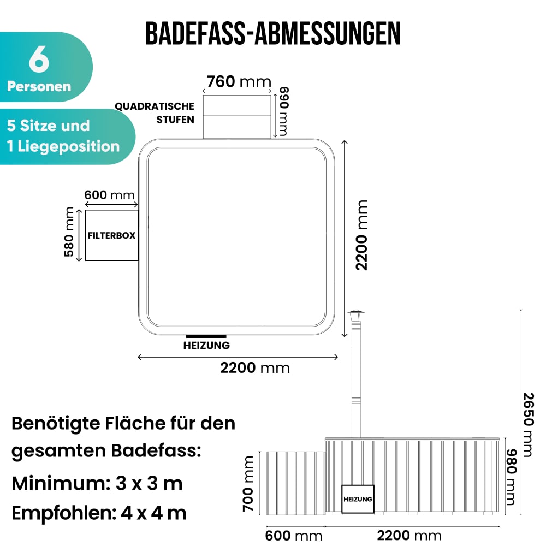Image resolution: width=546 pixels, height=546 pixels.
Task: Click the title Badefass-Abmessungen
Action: [272, 33]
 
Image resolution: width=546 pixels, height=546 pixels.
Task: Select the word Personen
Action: [39, 86]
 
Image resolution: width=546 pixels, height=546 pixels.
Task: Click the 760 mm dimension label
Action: [239, 81]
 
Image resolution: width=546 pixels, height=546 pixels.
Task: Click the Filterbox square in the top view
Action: [112, 235]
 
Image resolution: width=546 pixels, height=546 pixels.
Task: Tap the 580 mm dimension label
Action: [69, 232]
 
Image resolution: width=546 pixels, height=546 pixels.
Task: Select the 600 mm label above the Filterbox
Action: [109, 195]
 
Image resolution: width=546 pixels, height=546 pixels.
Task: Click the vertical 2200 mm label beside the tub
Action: [361, 235]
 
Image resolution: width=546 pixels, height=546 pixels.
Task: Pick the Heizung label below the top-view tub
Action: [206, 346]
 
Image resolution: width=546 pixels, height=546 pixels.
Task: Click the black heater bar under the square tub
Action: [206, 336]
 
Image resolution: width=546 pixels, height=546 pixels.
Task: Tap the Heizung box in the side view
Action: [358, 499]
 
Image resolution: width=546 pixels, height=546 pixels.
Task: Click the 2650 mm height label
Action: [528, 425]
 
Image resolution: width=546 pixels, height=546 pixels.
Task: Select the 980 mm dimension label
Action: [511, 477]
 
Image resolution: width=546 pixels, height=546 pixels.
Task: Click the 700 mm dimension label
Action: [248, 484]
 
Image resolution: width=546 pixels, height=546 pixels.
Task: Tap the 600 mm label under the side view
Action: [294, 536]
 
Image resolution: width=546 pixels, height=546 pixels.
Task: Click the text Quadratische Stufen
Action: [155, 113]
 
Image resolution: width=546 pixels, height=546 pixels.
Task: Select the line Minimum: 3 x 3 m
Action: [97, 483]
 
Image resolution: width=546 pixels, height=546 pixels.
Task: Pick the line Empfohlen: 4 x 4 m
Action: [99, 513]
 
